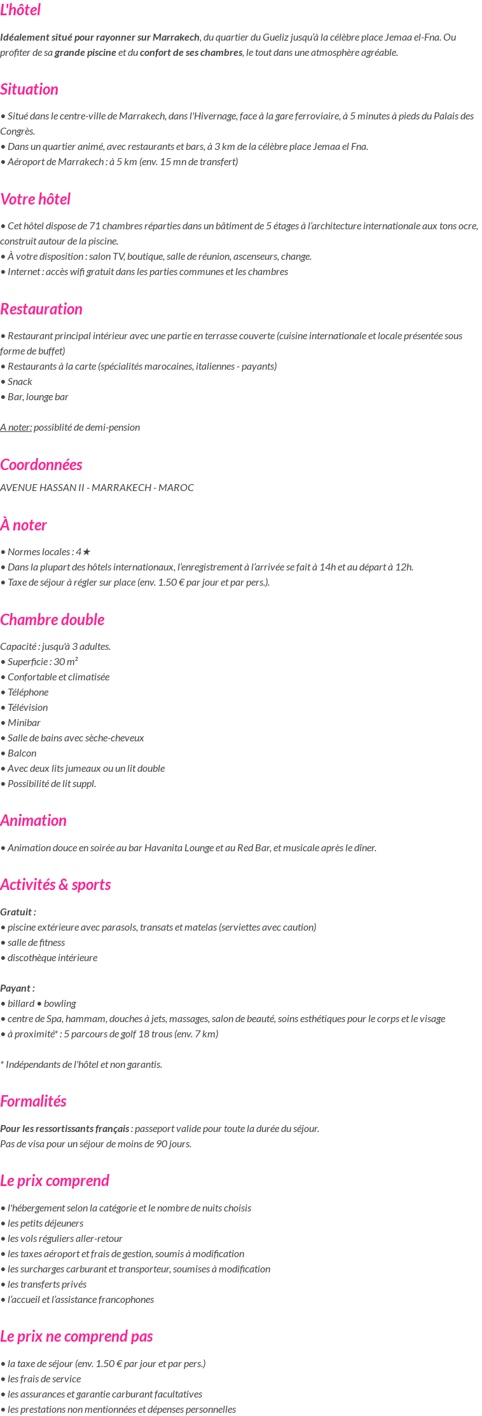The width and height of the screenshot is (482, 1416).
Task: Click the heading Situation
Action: pos(29,90)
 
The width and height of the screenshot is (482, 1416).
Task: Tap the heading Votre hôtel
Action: pos(36,199)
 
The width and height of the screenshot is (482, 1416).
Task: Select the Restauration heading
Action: pos(41,309)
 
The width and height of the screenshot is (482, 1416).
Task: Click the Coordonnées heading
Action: pos(41,465)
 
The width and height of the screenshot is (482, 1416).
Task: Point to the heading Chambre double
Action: pos(52,620)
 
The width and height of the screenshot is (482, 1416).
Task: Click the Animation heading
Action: pos(34,821)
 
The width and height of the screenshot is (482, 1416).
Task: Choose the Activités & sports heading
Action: pos(55,885)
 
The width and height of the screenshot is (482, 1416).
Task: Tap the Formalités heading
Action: pos(33,1102)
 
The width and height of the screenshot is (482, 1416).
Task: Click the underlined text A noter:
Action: pos(16,428)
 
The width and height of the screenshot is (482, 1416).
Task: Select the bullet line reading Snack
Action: pos(20,382)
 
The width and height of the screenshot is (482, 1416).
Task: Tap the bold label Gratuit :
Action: pos(18,912)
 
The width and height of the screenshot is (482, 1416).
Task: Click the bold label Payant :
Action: pos(18,988)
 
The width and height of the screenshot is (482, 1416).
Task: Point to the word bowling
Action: pos(60,1004)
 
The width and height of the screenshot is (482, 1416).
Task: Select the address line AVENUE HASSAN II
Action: pos(97,488)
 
